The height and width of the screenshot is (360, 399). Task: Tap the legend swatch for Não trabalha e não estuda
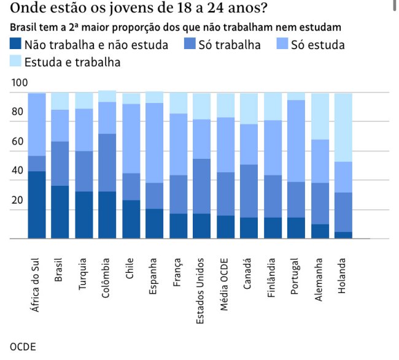tap(17, 45)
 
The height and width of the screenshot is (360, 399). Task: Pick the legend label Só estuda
tap(318, 45)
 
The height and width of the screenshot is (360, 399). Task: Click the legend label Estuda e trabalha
tap(72, 62)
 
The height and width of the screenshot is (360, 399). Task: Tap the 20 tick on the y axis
tap(17, 201)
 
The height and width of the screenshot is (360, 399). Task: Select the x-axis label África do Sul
tap(37, 284)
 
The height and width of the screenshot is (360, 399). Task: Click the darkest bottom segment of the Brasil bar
tap(60, 212)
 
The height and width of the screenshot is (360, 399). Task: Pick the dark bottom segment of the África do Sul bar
tap(37, 204)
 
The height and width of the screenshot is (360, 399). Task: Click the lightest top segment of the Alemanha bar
tap(320, 116)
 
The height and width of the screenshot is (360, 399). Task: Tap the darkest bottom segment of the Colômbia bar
tap(107, 215)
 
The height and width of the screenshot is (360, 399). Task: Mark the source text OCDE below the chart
tap(23, 347)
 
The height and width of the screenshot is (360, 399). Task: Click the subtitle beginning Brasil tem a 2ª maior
tap(176, 28)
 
